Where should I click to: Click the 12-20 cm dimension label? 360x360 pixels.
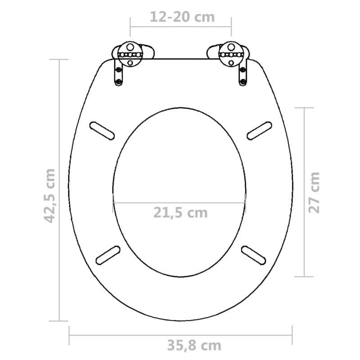point(182,17)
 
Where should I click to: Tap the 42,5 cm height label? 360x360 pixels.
point(49,195)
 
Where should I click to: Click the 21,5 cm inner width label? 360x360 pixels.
point(181,212)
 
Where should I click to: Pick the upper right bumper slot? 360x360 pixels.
point(260,130)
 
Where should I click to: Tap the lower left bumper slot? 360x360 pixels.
point(108,254)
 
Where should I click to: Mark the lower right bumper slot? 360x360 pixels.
point(254,254)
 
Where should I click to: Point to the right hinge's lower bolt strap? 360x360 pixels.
point(243,74)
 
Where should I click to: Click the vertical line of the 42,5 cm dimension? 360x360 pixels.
point(60,135)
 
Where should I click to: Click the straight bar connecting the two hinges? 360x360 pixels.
point(180,58)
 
